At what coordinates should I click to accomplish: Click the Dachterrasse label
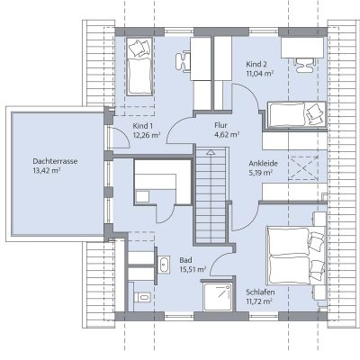coord(55,161)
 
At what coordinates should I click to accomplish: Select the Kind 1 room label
coord(140,126)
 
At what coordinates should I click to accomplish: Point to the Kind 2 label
coord(256,64)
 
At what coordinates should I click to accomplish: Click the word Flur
coord(220,125)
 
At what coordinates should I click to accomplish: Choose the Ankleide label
coord(263,164)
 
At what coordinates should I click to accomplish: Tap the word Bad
coord(185,260)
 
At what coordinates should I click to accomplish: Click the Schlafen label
coord(260,292)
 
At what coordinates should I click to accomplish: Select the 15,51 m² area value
coord(193,269)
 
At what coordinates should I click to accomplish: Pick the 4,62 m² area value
coord(227,134)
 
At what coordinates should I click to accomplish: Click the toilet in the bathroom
coord(141,297)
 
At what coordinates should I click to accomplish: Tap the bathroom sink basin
coord(164,265)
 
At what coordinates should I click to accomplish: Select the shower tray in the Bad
coord(218,297)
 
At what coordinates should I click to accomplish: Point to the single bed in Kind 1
coord(139,67)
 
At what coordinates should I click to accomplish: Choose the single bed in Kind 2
coord(295,115)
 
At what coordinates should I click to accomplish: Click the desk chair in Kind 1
coord(183,61)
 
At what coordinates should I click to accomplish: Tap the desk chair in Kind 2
coord(305,66)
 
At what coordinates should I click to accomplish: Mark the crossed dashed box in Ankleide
coord(303,168)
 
